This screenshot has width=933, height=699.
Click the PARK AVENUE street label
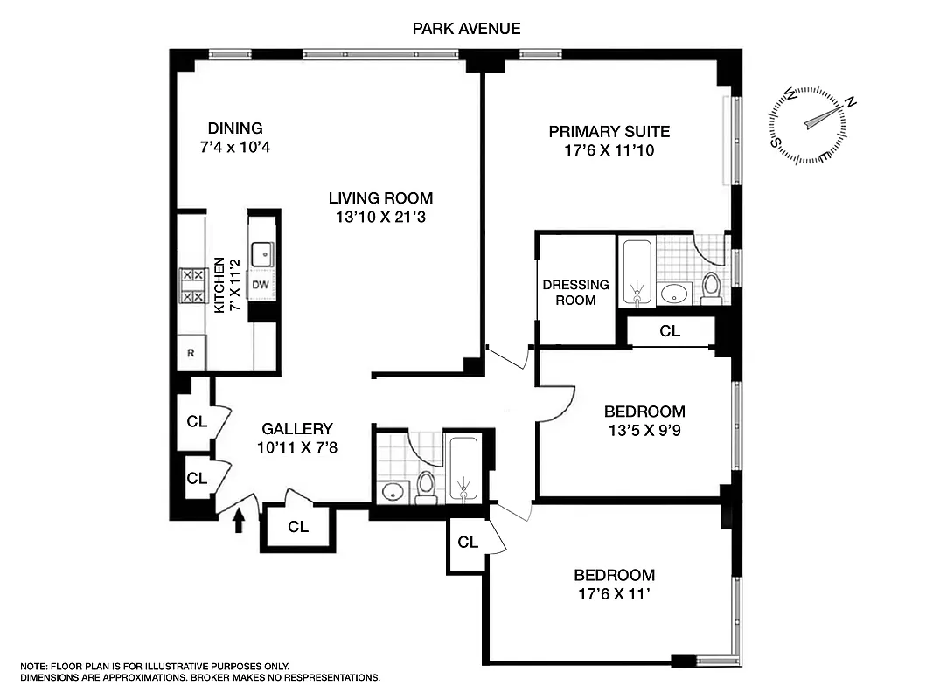tap(466, 29)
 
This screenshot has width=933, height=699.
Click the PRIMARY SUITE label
tap(609, 132)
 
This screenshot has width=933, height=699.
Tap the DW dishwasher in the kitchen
tap(261, 284)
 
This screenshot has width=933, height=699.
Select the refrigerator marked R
tap(191, 354)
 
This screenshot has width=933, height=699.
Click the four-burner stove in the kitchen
tap(192, 286)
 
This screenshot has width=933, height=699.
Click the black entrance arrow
tap(239, 521)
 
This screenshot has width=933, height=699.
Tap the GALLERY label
tap(297, 429)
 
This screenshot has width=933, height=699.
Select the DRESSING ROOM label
tap(575, 292)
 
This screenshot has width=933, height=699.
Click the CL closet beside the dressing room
tap(670, 331)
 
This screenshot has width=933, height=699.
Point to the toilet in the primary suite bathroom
tap(711, 287)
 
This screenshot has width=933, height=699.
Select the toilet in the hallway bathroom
tap(426, 487)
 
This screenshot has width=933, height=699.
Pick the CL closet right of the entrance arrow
tap(298, 527)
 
